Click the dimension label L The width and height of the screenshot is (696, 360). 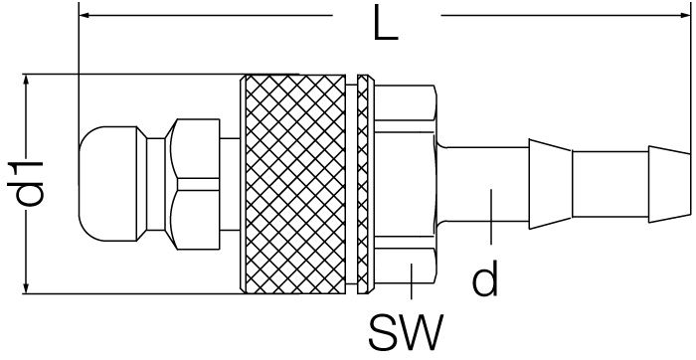click(x=386, y=23)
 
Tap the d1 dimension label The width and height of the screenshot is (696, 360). click(x=26, y=183)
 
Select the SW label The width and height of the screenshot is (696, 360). click(x=406, y=332)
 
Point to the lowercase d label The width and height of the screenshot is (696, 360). click(x=485, y=277)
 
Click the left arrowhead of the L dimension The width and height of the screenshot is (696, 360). click(x=85, y=16)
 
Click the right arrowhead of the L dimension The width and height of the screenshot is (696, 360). click(x=686, y=16)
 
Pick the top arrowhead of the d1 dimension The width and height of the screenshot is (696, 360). click(x=27, y=81)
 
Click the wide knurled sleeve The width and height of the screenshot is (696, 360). click(x=293, y=184)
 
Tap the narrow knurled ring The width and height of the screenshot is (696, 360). click(x=363, y=184)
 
